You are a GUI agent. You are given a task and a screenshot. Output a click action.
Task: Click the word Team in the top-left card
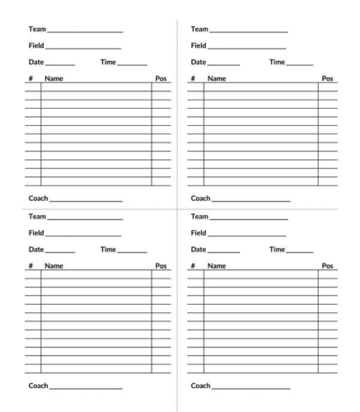click(x=37, y=30)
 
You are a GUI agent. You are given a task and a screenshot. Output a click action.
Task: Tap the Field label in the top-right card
click(x=199, y=45)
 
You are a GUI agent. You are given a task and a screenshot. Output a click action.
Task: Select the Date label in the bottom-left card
click(x=36, y=249)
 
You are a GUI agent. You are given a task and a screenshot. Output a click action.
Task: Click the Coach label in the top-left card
click(x=39, y=199)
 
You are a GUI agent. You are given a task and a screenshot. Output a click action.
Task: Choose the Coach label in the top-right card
click(x=200, y=199)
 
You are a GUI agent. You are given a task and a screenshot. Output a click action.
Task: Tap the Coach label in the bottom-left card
click(x=39, y=385)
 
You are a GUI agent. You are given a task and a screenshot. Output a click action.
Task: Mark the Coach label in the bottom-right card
click(x=200, y=385)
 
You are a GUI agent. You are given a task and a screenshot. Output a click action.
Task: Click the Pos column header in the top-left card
click(x=161, y=79)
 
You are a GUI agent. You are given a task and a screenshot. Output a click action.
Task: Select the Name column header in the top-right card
click(x=217, y=79)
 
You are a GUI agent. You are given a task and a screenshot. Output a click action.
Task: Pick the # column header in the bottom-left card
click(x=30, y=266)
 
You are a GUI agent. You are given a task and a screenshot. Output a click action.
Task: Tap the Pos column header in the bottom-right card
click(x=328, y=266)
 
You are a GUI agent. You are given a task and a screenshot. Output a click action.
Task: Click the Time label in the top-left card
click(x=108, y=62)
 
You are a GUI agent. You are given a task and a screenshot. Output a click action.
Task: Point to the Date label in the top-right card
click(x=199, y=62)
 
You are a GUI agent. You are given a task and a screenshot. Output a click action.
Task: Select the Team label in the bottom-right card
click(x=199, y=217)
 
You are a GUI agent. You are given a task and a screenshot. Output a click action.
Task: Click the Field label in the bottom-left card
click(x=36, y=232)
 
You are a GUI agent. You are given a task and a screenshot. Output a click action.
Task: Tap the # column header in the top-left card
click(x=30, y=79)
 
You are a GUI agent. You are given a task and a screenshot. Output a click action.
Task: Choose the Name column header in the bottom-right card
click(x=217, y=266)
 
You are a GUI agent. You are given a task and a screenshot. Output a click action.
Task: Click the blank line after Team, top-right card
click(x=249, y=32)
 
